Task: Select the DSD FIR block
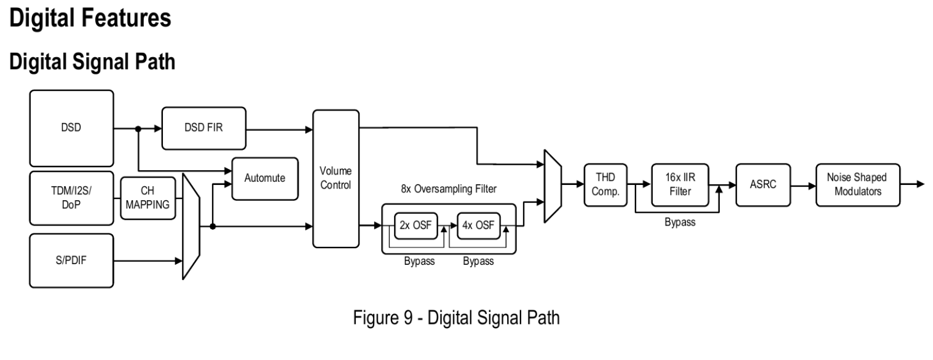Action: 203,128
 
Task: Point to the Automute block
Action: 264,179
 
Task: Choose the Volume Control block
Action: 336,178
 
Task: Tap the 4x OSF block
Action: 478,227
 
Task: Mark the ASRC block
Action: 760,183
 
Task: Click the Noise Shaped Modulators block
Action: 857,183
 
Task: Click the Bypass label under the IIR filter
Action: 680,222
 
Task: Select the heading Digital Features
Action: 90,18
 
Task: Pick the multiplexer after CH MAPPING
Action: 191,227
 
